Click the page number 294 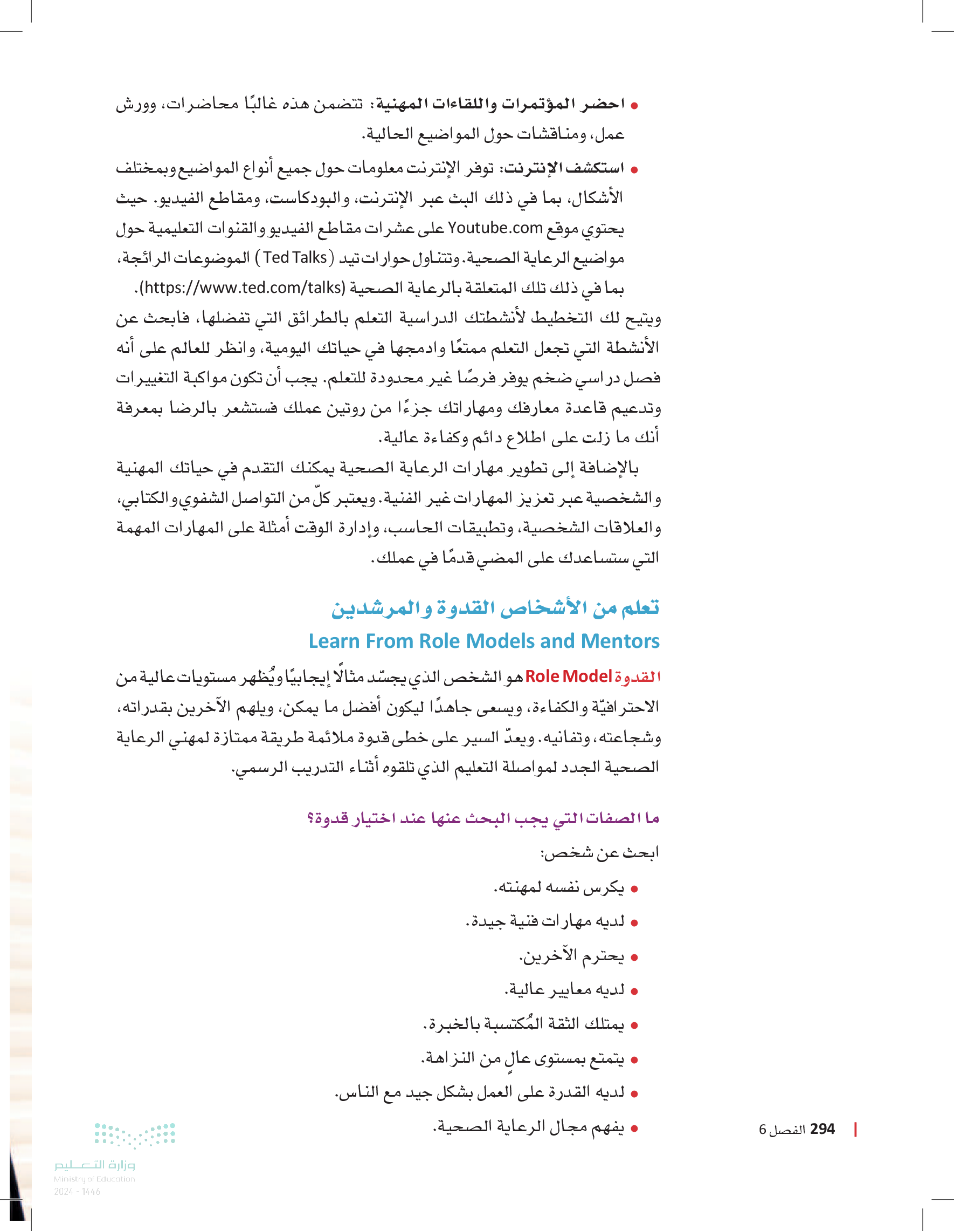[x=822, y=1129]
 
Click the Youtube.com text [x=495, y=228]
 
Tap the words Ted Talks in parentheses [x=295, y=258]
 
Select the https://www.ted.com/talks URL [x=242, y=288]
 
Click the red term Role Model [x=568, y=676]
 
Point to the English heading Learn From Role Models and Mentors [x=484, y=641]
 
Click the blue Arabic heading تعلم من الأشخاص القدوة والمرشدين [x=495, y=608]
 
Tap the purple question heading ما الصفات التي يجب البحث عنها [x=482, y=818]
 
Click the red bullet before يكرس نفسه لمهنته [x=634, y=890]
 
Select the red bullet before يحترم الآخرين [x=634, y=958]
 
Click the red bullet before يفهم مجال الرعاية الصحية [x=634, y=1129]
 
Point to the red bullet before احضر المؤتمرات [x=634, y=105]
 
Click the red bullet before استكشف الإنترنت [x=634, y=169]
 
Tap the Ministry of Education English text [x=94, y=1179]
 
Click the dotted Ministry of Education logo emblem [x=135, y=1134]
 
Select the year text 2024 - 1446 [x=77, y=1192]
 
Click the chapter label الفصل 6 [x=782, y=1130]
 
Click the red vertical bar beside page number [x=855, y=1129]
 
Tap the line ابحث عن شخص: [x=600, y=852]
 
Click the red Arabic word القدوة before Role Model [x=637, y=676]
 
